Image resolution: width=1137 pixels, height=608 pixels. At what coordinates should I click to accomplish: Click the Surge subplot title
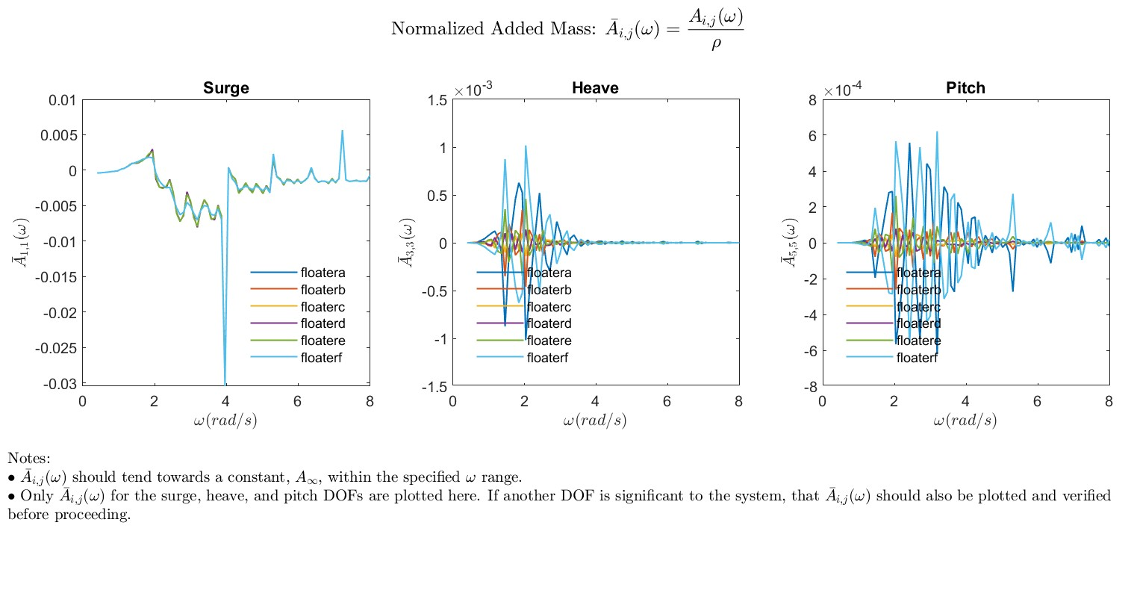225,88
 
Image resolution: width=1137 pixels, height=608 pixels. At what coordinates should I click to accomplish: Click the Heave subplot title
595,88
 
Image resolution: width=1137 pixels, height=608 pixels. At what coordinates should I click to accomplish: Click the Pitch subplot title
965,88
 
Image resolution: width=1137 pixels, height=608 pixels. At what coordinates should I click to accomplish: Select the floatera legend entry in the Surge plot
323,273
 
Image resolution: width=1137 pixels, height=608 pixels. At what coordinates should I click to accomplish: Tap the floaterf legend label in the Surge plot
321,358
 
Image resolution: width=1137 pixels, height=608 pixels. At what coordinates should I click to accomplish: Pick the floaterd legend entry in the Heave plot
549,323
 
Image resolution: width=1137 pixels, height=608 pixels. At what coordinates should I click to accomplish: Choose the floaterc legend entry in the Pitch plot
918,307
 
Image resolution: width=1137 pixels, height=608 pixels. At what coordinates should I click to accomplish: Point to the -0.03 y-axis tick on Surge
60,384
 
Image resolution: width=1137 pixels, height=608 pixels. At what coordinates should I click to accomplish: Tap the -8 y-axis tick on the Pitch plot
810,387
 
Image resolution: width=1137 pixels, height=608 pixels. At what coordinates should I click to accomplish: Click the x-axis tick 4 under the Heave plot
595,402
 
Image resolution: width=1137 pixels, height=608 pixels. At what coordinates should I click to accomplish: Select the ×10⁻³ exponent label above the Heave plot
473,90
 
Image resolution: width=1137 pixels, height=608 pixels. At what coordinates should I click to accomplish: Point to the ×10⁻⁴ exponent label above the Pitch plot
843,90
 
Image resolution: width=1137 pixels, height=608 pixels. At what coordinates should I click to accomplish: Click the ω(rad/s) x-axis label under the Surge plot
225,421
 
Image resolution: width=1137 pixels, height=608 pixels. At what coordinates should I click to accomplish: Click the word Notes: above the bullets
29,458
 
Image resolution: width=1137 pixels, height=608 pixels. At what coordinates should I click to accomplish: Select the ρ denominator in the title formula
715,44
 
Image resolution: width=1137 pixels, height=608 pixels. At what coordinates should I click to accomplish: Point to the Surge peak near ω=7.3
343,131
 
